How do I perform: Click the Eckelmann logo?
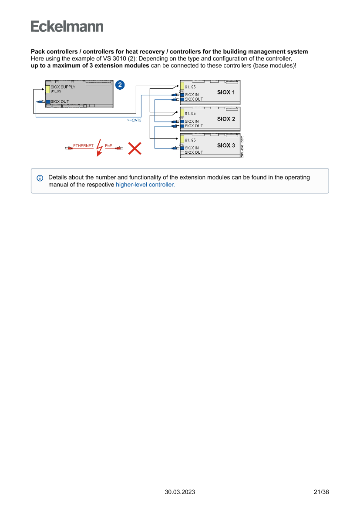coord(67,26)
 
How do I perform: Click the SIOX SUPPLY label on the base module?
coord(63,87)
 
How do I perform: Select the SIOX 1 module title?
coord(226,92)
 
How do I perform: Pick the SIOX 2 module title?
coord(226,119)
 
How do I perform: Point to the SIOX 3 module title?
coord(226,145)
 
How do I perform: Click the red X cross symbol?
coord(135,148)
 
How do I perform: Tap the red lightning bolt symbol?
coord(99,148)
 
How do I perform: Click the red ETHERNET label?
coord(83,146)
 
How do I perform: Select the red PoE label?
coord(108,146)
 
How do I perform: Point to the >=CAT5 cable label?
coord(134,120)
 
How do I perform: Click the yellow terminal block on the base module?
coord(48,89)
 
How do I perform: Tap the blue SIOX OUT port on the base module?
coord(48,101)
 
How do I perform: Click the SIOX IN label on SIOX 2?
coord(192,121)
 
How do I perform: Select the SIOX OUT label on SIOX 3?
coord(194,152)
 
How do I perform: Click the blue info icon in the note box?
coord(40,178)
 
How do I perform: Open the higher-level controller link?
coord(145,185)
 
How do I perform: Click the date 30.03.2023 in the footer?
coord(180,492)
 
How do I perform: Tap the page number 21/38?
coord(321,492)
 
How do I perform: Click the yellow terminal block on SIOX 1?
coord(182,87)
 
